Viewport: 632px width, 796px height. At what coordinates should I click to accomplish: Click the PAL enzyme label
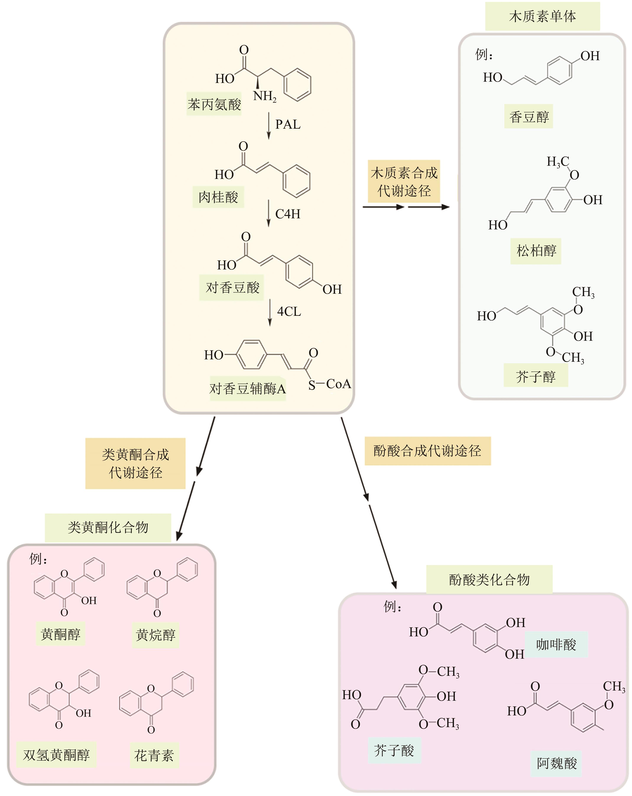[x=288, y=124]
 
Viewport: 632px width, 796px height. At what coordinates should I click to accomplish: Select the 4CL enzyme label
[x=289, y=312]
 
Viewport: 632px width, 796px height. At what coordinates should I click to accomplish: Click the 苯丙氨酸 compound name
[x=214, y=104]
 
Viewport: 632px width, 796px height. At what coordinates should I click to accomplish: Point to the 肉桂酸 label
[x=218, y=197]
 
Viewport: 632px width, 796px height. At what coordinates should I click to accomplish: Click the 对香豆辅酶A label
[x=247, y=389]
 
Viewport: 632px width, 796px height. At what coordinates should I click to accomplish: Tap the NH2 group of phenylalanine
[x=264, y=97]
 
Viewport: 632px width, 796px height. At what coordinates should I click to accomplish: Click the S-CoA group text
[x=329, y=384]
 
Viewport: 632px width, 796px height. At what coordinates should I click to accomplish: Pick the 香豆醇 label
[x=529, y=117]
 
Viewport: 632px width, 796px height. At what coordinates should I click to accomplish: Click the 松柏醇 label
[x=536, y=251]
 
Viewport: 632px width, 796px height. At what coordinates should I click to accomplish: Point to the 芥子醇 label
[x=535, y=377]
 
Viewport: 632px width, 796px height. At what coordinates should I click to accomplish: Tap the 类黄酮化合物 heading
[x=108, y=528]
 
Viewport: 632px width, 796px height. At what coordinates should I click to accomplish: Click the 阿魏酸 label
[x=556, y=763]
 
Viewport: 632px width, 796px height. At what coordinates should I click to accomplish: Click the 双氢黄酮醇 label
[x=56, y=755]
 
